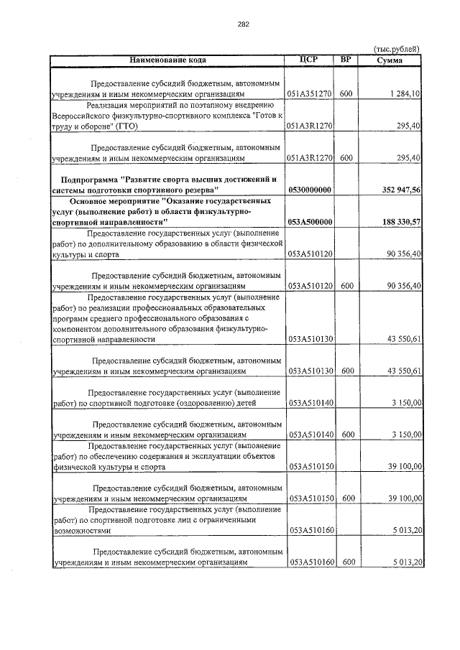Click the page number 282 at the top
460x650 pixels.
(242, 24)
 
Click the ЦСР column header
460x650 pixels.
(310, 59)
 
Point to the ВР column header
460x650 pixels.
(346, 59)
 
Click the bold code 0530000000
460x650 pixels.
(310, 190)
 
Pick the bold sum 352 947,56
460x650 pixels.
(397, 190)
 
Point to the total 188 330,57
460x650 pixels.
(397, 223)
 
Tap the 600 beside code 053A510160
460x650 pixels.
(346, 562)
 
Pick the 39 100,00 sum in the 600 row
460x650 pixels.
(404, 498)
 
